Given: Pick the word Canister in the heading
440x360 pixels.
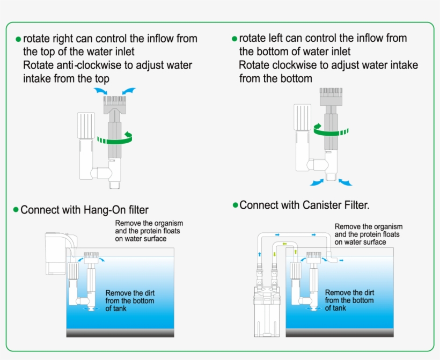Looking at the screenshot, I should tap(315, 205).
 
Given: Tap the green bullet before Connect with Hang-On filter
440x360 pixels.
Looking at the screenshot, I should tap(16, 210).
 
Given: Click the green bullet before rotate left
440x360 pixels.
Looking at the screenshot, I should tap(234, 39).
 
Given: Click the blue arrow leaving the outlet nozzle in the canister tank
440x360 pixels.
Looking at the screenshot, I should tap(342, 259).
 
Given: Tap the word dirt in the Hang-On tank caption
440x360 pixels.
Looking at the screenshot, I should tap(147, 293).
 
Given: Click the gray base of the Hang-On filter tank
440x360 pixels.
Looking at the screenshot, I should tap(120, 333).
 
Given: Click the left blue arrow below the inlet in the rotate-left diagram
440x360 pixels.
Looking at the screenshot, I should tap(317, 182).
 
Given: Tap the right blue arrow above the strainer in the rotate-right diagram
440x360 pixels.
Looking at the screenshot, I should tap(129, 91).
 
